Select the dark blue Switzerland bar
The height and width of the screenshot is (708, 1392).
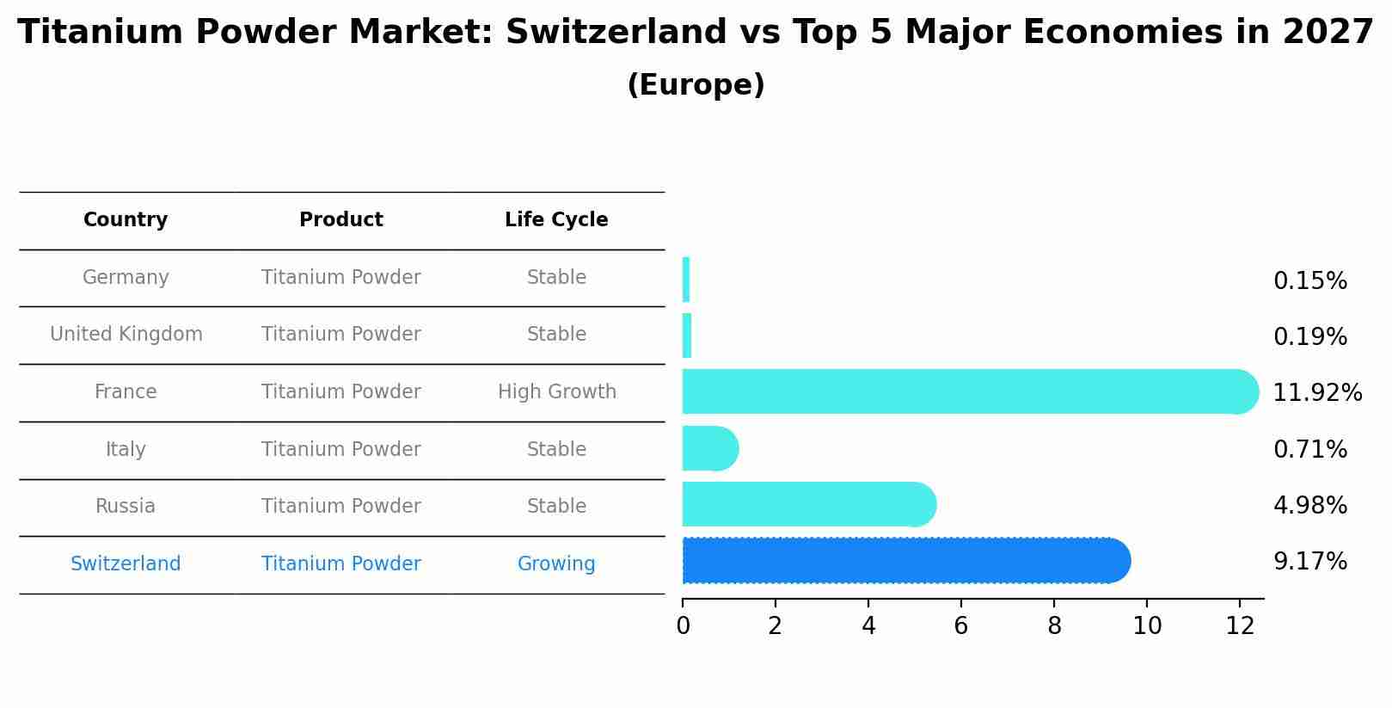point(903,561)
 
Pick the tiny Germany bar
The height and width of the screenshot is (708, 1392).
point(686,280)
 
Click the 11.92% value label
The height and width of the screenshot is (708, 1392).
point(1316,393)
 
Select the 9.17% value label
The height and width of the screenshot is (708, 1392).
point(1309,562)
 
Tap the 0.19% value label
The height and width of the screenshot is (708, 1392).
point(1309,337)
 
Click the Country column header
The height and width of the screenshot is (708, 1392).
point(126,220)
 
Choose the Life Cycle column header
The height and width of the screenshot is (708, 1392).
point(556,220)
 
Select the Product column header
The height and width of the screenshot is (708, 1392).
point(341,220)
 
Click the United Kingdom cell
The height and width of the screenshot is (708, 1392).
point(126,335)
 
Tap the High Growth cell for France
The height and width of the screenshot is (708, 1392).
point(557,392)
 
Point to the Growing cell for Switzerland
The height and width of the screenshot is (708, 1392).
point(556,564)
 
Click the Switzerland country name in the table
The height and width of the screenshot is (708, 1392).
point(126,564)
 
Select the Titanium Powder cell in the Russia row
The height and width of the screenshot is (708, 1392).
point(341,507)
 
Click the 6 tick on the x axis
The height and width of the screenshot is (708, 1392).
point(961,626)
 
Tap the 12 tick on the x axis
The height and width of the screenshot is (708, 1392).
point(1240,626)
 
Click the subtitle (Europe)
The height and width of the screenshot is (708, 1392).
point(696,86)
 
